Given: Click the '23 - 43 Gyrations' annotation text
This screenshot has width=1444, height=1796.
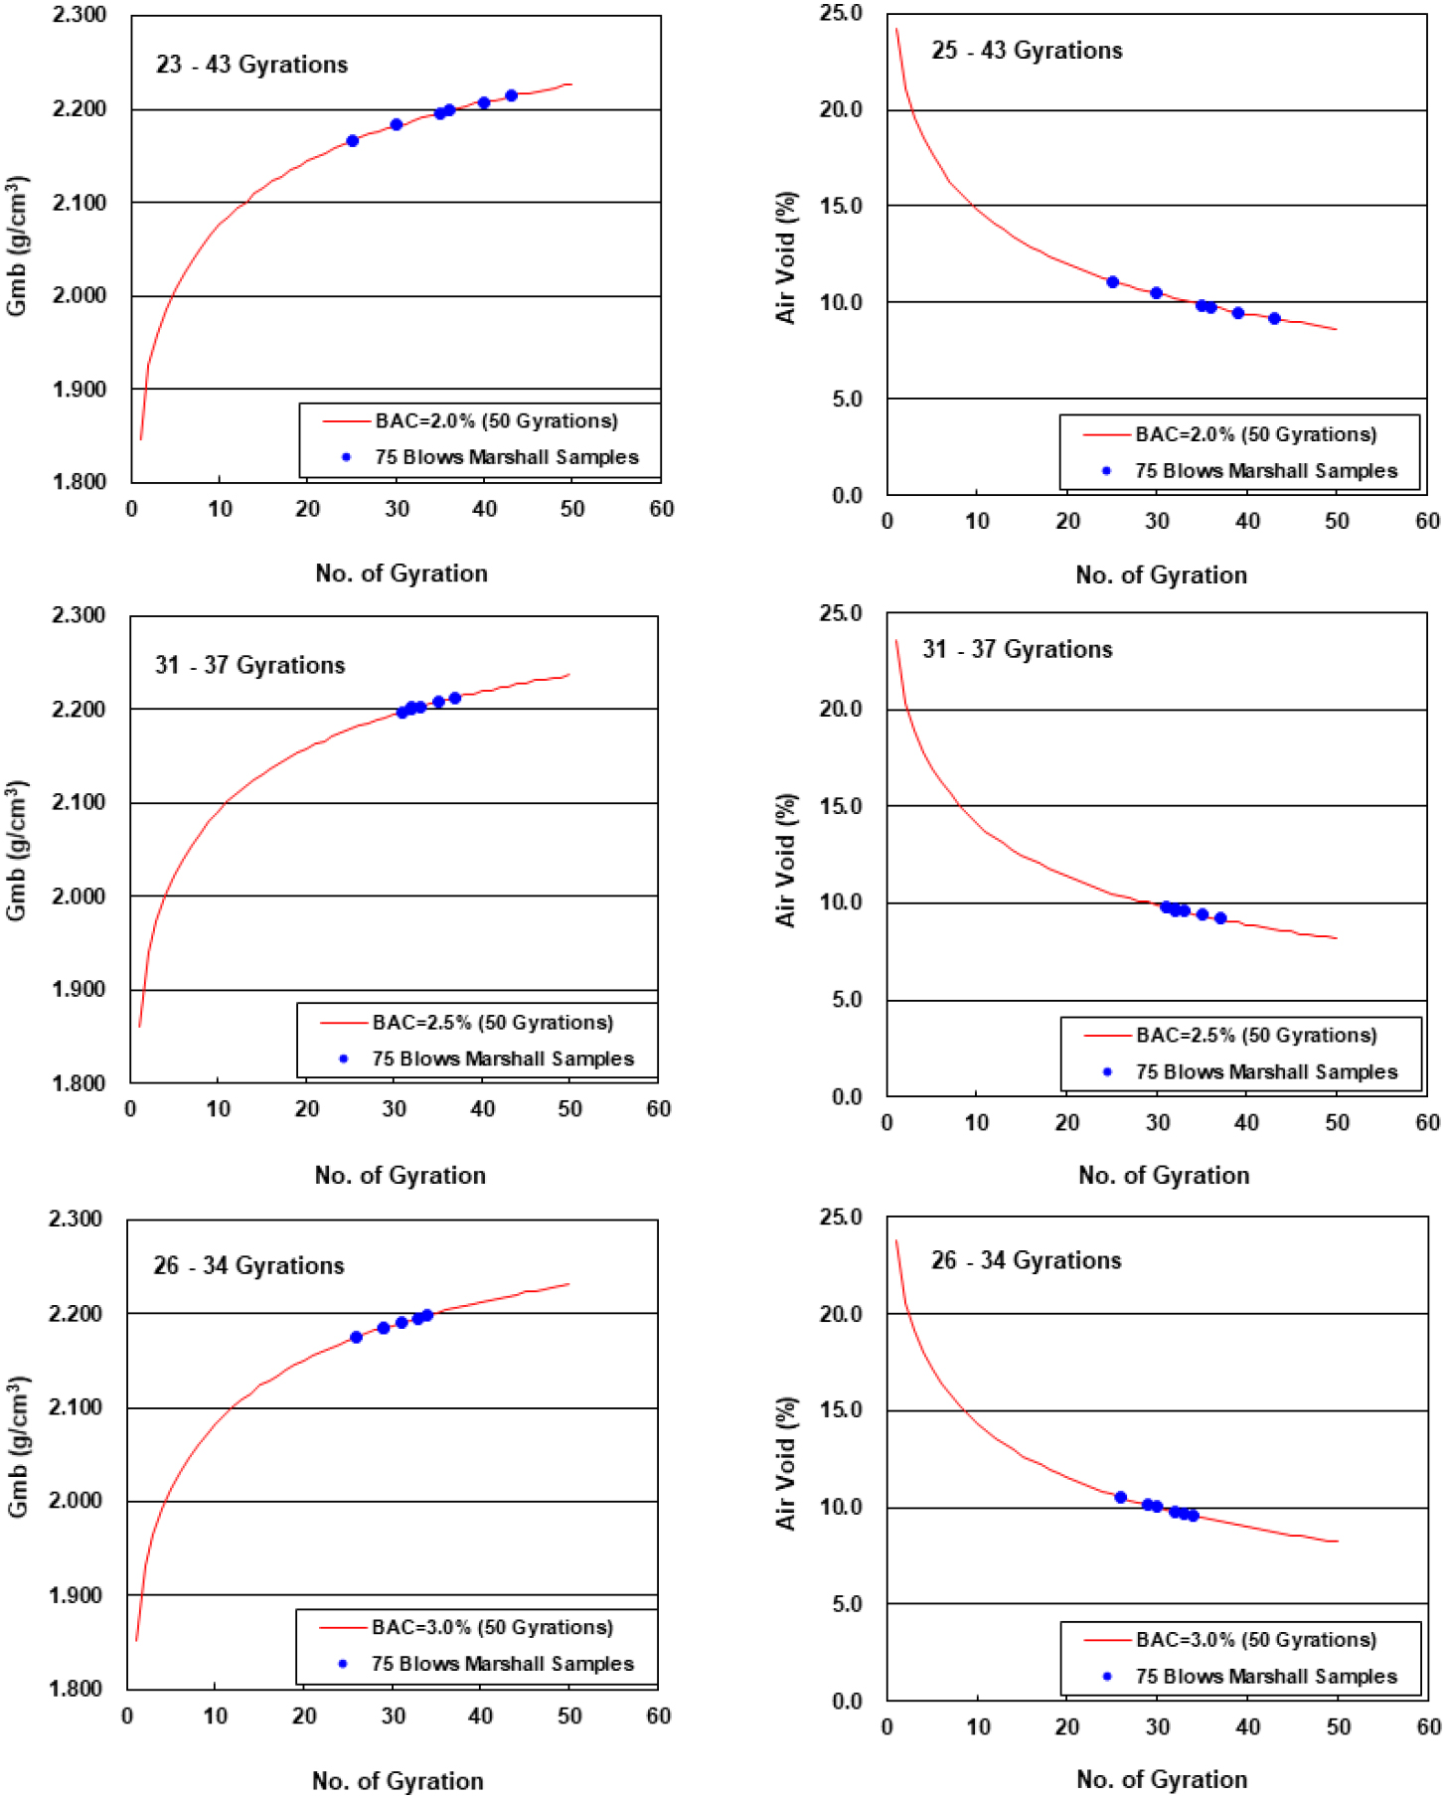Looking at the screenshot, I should click(251, 65).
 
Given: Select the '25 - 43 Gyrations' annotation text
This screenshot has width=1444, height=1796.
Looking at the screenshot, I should click(1027, 51).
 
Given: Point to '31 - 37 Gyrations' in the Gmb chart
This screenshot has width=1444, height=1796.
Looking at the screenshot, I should click(249, 665).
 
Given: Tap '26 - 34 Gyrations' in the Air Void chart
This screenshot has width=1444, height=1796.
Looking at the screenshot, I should click(1026, 1260).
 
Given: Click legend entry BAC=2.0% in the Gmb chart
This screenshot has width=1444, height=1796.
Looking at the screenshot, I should click(496, 421).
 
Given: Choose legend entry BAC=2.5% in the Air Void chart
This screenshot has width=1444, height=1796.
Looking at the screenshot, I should click(1256, 1036).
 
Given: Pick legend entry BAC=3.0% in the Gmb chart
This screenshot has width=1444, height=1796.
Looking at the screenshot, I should click(492, 1627).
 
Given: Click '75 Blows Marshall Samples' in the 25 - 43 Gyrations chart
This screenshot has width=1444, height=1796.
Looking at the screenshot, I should click(1266, 471).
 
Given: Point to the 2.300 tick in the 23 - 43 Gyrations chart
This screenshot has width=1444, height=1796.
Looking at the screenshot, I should click(80, 16).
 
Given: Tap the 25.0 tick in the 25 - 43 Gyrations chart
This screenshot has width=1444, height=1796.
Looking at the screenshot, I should click(841, 14).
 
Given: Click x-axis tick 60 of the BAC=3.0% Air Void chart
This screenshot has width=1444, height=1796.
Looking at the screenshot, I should click(1427, 1726).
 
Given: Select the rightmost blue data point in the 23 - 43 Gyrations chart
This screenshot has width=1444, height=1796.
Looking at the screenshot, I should click(511, 95).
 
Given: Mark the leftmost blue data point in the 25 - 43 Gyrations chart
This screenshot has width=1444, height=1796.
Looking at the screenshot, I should click(1112, 282).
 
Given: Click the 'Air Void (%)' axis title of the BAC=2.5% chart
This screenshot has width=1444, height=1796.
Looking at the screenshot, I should click(786, 860).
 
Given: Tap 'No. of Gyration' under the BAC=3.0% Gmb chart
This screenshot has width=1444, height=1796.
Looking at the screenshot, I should click(398, 1780).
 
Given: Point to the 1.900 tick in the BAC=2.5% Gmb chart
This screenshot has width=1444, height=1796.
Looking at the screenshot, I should click(78, 989).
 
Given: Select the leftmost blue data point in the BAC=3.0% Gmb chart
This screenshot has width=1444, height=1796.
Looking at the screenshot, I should click(356, 1337).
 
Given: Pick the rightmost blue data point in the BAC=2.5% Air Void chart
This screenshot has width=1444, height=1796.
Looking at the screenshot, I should click(1220, 918).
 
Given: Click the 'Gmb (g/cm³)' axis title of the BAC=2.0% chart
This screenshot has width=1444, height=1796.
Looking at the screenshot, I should click(18, 246).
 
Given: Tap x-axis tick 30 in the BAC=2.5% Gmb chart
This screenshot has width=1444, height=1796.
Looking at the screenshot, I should click(395, 1109).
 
